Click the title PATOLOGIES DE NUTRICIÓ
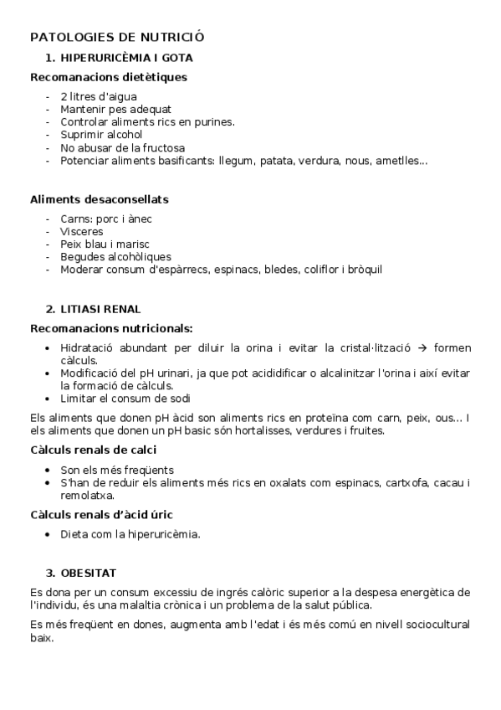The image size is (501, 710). pyautogui.click(x=117, y=38)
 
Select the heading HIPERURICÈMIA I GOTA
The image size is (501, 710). pyautogui.click(x=126, y=58)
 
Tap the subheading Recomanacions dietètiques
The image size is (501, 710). pyautogui.click(x=108, y=78)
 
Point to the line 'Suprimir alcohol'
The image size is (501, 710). pyautogui.click(x=101, y=135)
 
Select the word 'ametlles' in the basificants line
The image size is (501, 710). pyautogui.click(x=401, y=160)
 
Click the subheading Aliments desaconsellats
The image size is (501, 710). pyautogui.click(x=99, y=200)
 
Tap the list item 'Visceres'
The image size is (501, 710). pyautogui.click(x=82, y=232)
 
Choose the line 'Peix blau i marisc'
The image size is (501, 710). pyautogui.click(x=105, y=244)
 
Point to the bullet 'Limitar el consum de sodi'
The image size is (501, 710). pyautogui.click(x=125, y=399)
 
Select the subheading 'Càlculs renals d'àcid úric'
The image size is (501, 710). pyautogui.click(x=101, y=514)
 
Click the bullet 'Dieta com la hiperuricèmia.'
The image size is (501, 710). pyautogui.click(x=130, y=533)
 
